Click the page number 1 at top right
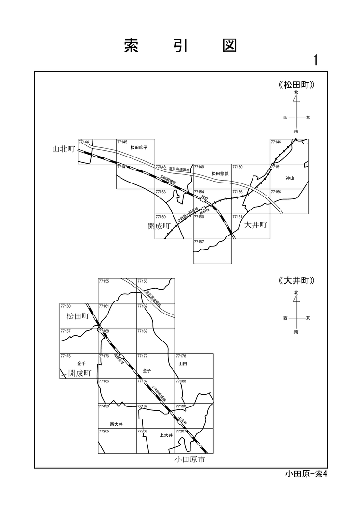tap(316, 60)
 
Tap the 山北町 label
tap(63, 149)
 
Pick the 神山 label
tap(289, 178)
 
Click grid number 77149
tap(199, 167)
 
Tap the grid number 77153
tap(160, 192)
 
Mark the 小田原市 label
tap(190, 459)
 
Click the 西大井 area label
tap(117, 424)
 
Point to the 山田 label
tap(182, 364)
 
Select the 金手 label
tap(81, 363)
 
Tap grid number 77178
tap(181, 356)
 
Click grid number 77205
tap(104, 431)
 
